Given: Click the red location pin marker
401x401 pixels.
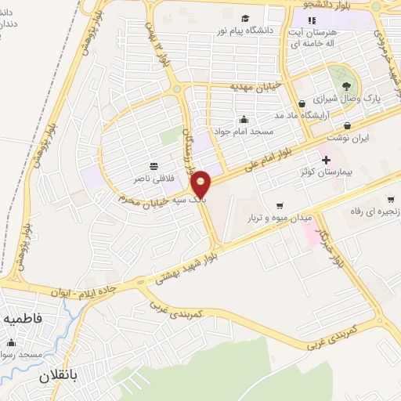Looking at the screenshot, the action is (x=201, y=185).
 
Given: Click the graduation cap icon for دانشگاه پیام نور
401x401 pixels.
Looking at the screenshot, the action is (x=245, y=18).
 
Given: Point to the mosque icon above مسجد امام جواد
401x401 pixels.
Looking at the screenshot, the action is (x=245, y=120).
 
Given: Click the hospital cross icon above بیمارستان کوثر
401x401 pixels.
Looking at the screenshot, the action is (x=326, y=160).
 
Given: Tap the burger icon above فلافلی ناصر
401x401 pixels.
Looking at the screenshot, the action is (x=154, y=166).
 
